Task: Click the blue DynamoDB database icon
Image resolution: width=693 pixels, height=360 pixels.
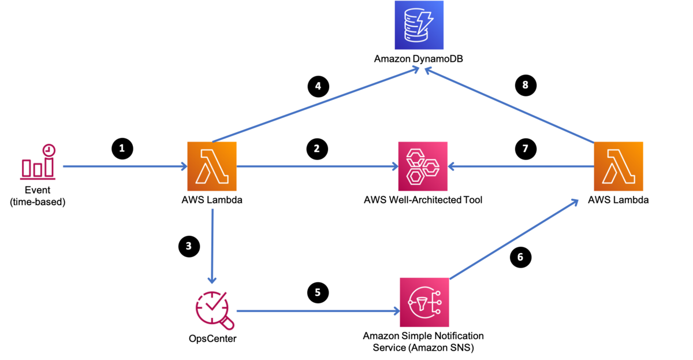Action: click(x=419, y=25)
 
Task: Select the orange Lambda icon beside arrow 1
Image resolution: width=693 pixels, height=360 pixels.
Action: click(x=212, y=166)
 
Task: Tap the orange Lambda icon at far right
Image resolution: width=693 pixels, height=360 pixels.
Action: click(x=619, y=166)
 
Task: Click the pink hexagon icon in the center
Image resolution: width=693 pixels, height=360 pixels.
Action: click(x=423, y=166)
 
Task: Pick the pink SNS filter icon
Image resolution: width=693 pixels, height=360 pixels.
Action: click(x=424, y=302)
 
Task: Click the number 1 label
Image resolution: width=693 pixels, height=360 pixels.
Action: click(x=122, y=149)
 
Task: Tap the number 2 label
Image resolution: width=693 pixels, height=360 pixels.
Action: click(x=316, y=149)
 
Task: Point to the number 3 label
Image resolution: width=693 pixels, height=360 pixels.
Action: click(x=188, y=246)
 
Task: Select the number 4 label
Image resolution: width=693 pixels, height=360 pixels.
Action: click(x=318, y=86)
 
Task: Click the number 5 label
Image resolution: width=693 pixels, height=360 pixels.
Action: click(x=318, y=292)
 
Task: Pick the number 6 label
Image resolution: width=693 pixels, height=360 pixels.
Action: click(x=520, y=257)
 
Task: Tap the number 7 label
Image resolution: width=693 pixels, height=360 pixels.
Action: click(x=525, y=149)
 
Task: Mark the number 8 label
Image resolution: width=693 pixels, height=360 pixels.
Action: click(x=525, y=85)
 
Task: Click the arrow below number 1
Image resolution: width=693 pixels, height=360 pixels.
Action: click(x=124, y=166)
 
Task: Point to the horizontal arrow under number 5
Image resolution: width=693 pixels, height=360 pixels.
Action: click(x=318, y=311)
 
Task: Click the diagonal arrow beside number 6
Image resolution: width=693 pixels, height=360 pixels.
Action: click(x=514, y=239)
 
